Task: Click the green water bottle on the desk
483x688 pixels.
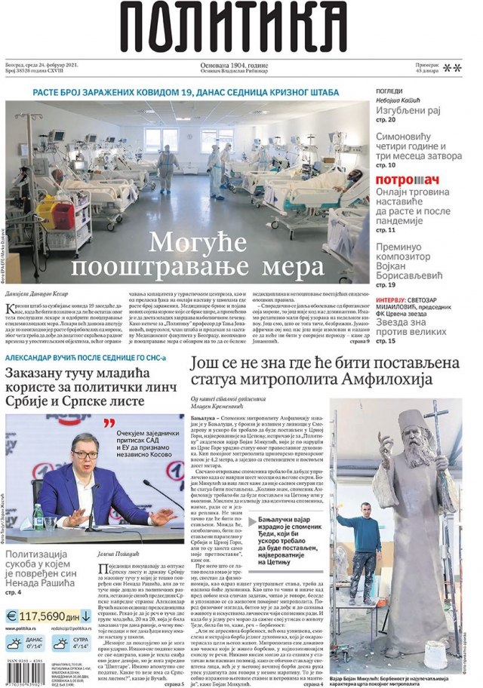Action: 38,515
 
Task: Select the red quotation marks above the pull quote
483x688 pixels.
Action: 109,423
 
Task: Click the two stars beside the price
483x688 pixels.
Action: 452,68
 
